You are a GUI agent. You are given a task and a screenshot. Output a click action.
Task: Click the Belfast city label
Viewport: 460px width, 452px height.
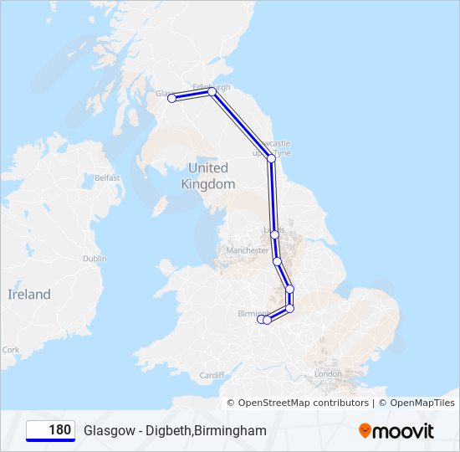107,177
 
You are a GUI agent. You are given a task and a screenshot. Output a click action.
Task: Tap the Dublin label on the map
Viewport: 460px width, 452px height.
95,259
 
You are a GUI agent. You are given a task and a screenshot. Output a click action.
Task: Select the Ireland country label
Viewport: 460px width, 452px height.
29,294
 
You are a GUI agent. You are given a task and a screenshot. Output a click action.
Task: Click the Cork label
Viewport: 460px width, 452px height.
11,350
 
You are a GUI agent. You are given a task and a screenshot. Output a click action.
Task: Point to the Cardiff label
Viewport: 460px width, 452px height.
212,375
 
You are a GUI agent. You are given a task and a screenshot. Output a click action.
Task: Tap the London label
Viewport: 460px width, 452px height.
327,373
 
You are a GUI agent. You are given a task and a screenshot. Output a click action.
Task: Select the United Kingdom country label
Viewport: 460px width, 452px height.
207,176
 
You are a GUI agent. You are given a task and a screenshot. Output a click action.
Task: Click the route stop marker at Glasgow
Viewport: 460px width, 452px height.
172,98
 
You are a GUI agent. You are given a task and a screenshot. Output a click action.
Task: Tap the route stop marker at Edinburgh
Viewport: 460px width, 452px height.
212,92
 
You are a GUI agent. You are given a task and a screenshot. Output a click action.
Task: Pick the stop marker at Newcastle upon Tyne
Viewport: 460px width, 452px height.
271,157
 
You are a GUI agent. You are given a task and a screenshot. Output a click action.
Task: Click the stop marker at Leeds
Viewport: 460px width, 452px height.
274,234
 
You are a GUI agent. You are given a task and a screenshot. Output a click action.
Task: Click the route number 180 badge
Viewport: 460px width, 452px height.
50,430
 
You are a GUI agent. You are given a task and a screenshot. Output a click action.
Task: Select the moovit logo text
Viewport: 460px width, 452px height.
404,431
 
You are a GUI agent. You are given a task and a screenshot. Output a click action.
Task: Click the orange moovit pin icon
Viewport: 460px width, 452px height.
365,431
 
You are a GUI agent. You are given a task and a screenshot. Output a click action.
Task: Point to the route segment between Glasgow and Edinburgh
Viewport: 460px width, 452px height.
192,95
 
